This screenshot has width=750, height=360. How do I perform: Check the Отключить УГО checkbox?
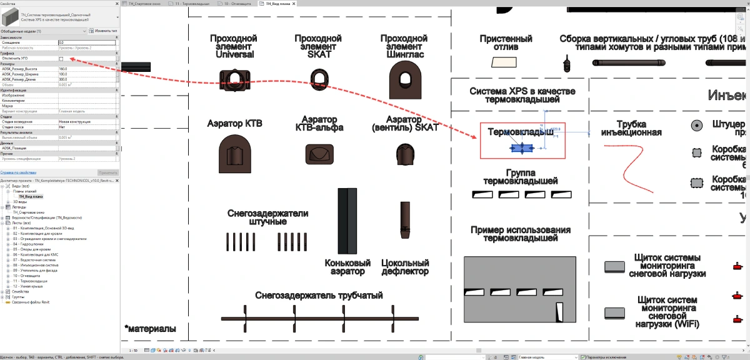(61, 59)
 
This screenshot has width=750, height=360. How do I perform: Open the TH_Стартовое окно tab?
(144, 3)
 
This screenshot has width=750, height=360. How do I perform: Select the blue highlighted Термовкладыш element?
(521, 148)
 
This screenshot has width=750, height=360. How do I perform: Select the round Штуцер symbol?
(696, 125)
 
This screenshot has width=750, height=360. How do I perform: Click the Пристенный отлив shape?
(502, 62)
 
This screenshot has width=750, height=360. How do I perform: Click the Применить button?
(107, 172)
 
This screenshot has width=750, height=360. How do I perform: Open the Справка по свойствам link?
(18, 172)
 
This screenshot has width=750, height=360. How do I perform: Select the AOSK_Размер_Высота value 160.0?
(87, 69)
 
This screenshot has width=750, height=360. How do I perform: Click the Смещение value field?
(87, 42)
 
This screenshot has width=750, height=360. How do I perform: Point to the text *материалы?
(150, 329)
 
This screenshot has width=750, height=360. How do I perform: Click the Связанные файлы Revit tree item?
(31, 302)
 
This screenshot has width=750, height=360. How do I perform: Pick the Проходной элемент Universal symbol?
(233, 77)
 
